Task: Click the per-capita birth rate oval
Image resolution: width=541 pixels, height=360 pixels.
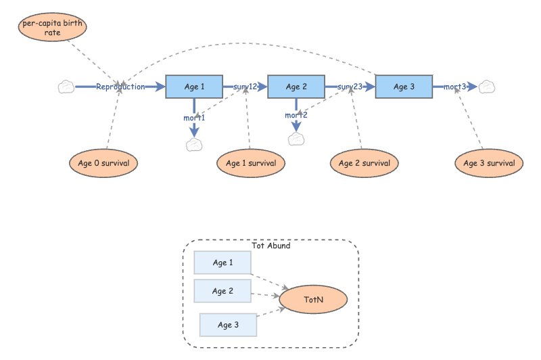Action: pyautogui.click(x=52, y=28)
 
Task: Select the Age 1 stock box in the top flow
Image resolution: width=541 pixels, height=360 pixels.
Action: pyautogui.click(x=194, y=87)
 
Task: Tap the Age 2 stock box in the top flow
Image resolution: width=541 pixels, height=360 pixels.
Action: pyautogui.click(x=296, y=87)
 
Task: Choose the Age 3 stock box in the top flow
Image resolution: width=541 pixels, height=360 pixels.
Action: pyautogui.click(x=404, y=87)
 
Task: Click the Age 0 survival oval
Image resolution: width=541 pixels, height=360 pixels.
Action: pyautogui.click(x=103, y=163)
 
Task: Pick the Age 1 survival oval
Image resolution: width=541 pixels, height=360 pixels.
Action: pyautogui.click(x=251, y=163)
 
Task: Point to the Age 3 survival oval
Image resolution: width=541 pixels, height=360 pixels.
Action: pyautogui.click(x=489, y=163)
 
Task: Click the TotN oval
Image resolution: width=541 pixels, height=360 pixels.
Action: pyautogui.click(x=313, y=298)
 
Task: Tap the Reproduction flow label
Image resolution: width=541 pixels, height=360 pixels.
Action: pyautogui.click(x=120, y=87)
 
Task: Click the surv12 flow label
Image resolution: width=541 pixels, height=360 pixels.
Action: pyautogui.click(x=245, y=87)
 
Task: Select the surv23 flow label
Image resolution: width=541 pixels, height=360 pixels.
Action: pyautogui.click(x=350, y=87)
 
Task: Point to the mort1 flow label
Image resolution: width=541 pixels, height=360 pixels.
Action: pyautogui.click(x=194, y=118)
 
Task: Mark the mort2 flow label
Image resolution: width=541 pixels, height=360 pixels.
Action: pyautogui.click(x=296, y=115)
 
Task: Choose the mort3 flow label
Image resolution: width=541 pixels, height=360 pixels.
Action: pyautogui.click(x=455, y=87)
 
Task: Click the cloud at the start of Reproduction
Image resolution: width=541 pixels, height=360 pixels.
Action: pyautogui.click(x=66, y=87)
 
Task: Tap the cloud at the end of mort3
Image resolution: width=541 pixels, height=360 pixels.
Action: pyautogui.click(x=488, y=87)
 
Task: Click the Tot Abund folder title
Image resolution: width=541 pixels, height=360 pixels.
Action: pyautogui.click(x=270, y=246)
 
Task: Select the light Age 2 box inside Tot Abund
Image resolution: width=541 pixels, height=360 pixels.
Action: pyautogui.click(x=222, y=291)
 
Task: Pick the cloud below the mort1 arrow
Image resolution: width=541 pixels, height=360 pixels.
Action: pyautogui.click(x=195, y=144)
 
